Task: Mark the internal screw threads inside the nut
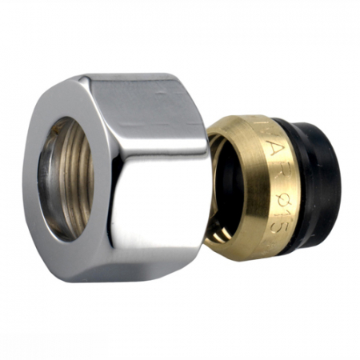pos(84,180)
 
